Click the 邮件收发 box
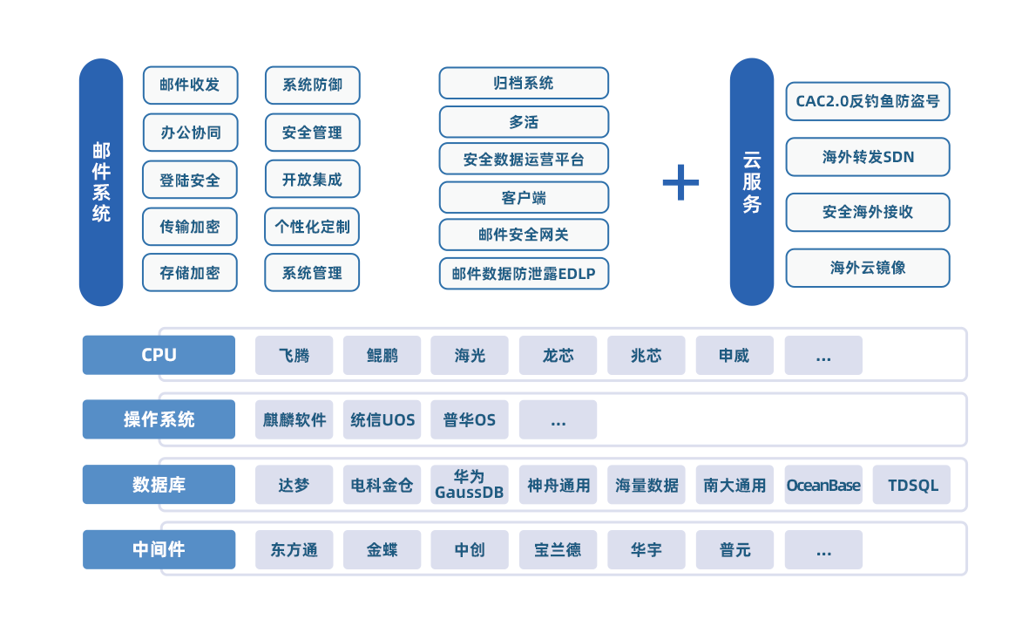(190, 85)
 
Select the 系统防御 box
(312, 85)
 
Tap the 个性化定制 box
(312, 227)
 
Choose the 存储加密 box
(190, 273)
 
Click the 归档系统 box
(524, 84)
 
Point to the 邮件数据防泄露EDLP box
(524, 274)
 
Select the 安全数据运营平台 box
(524, 160)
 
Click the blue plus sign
(680, 182)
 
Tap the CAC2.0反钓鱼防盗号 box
(867, 101)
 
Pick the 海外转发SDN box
(867, 157)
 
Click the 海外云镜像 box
(867, 268)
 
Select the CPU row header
(159, 355)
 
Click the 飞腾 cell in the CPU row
(294, 356)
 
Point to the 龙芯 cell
(559, 356)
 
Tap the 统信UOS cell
(382, 420)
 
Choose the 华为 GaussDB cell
(470, 485)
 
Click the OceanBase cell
(823, 485)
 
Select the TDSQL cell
(912, 485)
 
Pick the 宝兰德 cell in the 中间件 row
(559, 550)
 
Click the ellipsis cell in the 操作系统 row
(559, 420)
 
